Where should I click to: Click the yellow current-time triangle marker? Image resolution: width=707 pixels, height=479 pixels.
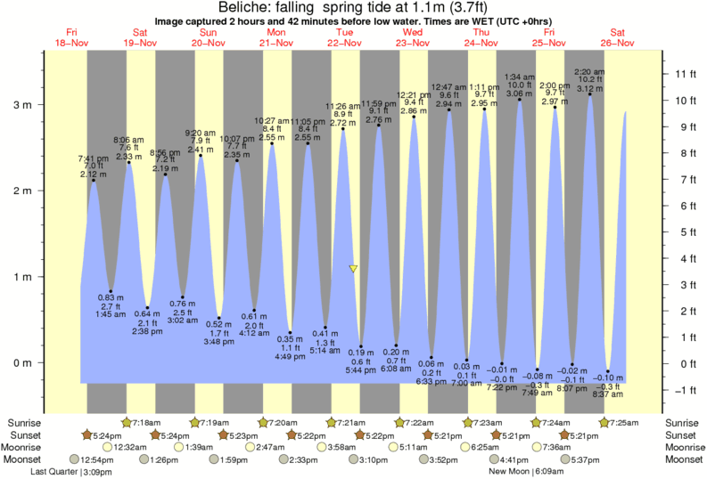point(354,267)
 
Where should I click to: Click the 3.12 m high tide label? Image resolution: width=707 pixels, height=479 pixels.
point(588,89)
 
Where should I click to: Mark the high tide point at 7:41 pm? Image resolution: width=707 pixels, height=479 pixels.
point(93,181)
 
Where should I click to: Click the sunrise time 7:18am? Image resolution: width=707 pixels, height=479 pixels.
point(147,421)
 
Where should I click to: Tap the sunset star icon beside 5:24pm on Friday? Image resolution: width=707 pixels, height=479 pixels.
point(87,434)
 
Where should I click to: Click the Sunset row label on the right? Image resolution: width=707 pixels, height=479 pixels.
point(682,434)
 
